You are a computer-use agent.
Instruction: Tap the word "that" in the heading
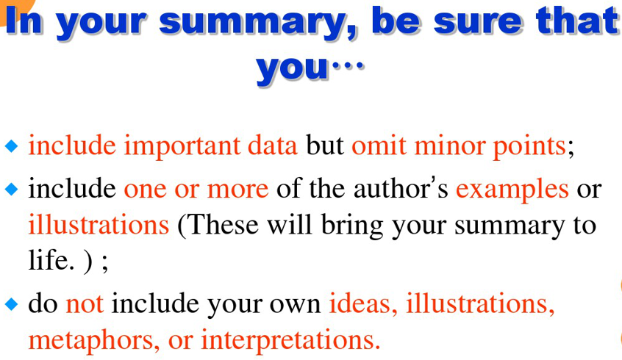pos(578,19)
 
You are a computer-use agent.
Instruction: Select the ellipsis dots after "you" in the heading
pos(348,65)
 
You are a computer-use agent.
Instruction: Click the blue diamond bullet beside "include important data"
pos(12,146)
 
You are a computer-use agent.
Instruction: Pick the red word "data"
pos(272,145)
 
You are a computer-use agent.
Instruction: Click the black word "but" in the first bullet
pos(324,145)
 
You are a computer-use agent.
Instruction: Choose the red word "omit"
pos(379,145)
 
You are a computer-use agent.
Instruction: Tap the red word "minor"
pos(449,145)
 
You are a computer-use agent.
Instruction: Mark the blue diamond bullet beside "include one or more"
pos(12,189)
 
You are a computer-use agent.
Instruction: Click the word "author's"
pos(401,188)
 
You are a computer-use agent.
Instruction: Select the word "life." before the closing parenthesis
pos(51,260)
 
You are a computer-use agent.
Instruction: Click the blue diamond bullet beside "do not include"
pos(12,304)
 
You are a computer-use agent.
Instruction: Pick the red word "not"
pos(85,304)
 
